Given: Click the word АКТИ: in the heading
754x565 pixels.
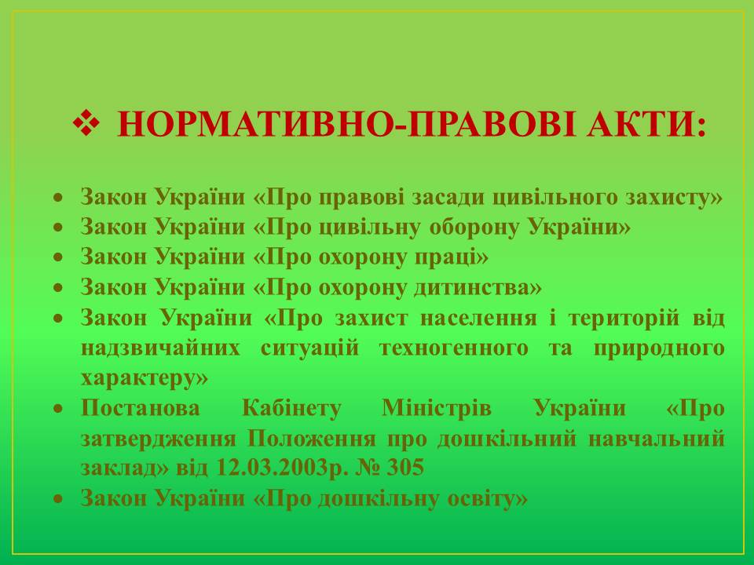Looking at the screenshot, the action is pyautogui.click(x=646, y=125).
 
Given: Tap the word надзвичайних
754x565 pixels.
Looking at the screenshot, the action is pyautogui.click(x=160, y=348).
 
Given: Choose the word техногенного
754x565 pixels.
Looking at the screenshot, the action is pyautogui.click(x=453, y=348).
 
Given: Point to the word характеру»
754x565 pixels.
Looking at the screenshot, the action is pyautogui.click(x=145, y=378).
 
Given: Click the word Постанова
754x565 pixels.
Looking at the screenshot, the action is pyautogui.click(x=141, y=408).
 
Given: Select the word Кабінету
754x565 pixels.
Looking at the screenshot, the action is pyautogui.click(x=291, y=408).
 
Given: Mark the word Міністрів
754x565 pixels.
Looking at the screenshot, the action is pyautogui.click(x=437, y=408).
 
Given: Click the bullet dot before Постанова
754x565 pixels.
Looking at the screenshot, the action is pyautogui.click(x=58, y=408).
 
